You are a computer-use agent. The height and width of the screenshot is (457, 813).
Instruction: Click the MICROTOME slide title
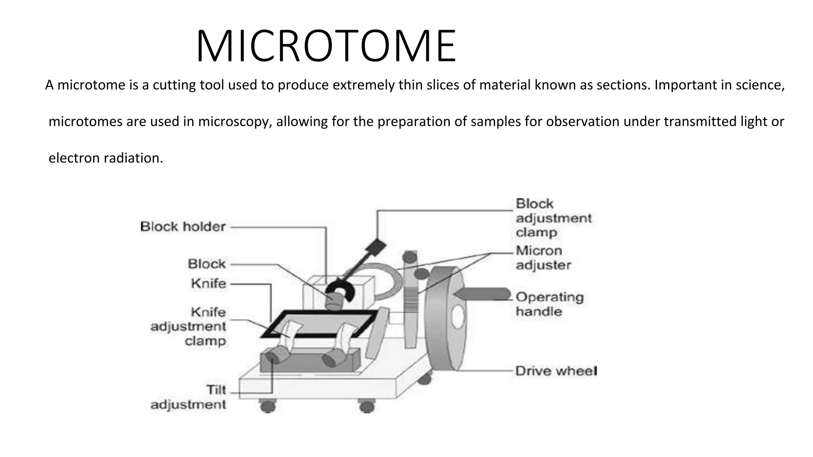(x=326, y=46)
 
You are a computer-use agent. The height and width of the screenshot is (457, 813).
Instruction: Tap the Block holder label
(x=183, y=227)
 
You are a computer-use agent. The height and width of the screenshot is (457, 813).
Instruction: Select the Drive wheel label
(x=555, y=371)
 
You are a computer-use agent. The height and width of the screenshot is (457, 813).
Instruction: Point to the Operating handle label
(x=549, y=304)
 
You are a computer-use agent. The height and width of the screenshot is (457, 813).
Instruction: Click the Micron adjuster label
(x=543, y=258)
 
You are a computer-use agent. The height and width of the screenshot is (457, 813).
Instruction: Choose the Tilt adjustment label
(x=188, y=397)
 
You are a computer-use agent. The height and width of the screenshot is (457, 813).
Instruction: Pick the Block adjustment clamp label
(x=553, y=218)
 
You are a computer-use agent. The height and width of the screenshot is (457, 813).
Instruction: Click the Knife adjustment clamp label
(x=188, y=326)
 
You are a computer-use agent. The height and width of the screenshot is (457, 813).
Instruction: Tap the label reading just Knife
(x=208, y=284)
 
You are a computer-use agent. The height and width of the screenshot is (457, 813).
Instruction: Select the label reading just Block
(x=206, y=264)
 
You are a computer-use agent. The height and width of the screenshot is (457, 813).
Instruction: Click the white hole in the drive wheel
(x=457, y=317)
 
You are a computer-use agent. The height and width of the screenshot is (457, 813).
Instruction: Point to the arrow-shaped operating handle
(x=482, y=294)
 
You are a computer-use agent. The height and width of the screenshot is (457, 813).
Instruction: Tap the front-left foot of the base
(x=268, y=406)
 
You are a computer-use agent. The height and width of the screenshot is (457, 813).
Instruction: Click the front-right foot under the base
(x=366, y=407)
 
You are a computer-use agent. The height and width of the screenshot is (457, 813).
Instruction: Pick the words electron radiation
(x=106, y=158)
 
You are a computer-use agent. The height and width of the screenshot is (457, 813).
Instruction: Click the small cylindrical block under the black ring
(x=334, y=300)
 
